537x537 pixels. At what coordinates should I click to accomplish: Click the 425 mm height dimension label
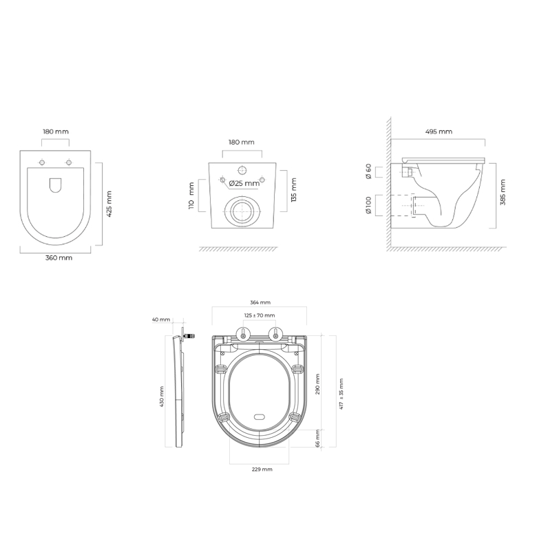coord(109,204)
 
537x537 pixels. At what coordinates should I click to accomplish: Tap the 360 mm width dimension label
coord(59,258)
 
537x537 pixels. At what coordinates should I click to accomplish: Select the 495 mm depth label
coord(439,131)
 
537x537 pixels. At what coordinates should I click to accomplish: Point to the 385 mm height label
coord(503,192)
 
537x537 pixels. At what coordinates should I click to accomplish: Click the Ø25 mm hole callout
coord(244,184)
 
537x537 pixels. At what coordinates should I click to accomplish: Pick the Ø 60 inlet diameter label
coord(368,171)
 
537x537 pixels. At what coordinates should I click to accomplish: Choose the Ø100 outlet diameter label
coord(368,205)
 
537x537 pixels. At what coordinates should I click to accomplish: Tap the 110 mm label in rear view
coord(191,196)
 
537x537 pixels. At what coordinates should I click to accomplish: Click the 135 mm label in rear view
coord(293,190)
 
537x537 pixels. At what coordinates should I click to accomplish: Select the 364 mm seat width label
coord(260,302)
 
